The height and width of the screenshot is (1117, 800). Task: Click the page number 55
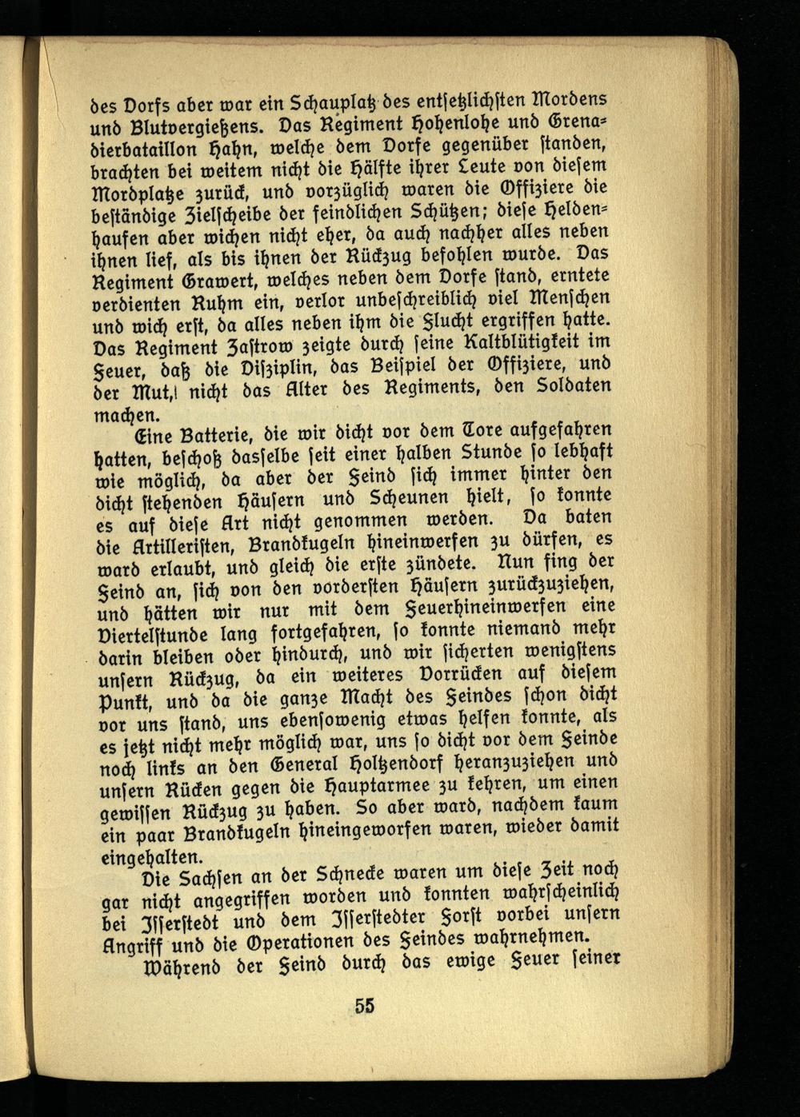366,1007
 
